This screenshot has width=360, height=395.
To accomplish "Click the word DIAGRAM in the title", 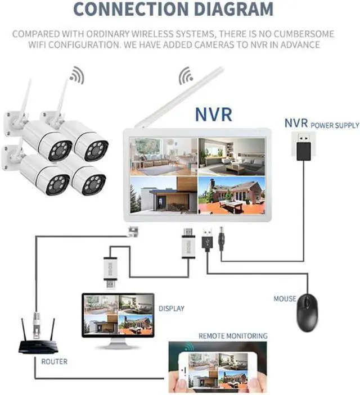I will tap(233, 10).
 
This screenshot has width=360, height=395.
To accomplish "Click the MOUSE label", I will tap(284, 299).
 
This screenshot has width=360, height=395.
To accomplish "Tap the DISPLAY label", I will tap(171, 308).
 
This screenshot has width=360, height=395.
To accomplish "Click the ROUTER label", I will tap(54, 361).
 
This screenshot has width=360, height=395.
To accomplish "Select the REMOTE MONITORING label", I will tap(232, 335).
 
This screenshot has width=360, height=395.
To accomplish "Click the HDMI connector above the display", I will tap(110, 269).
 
